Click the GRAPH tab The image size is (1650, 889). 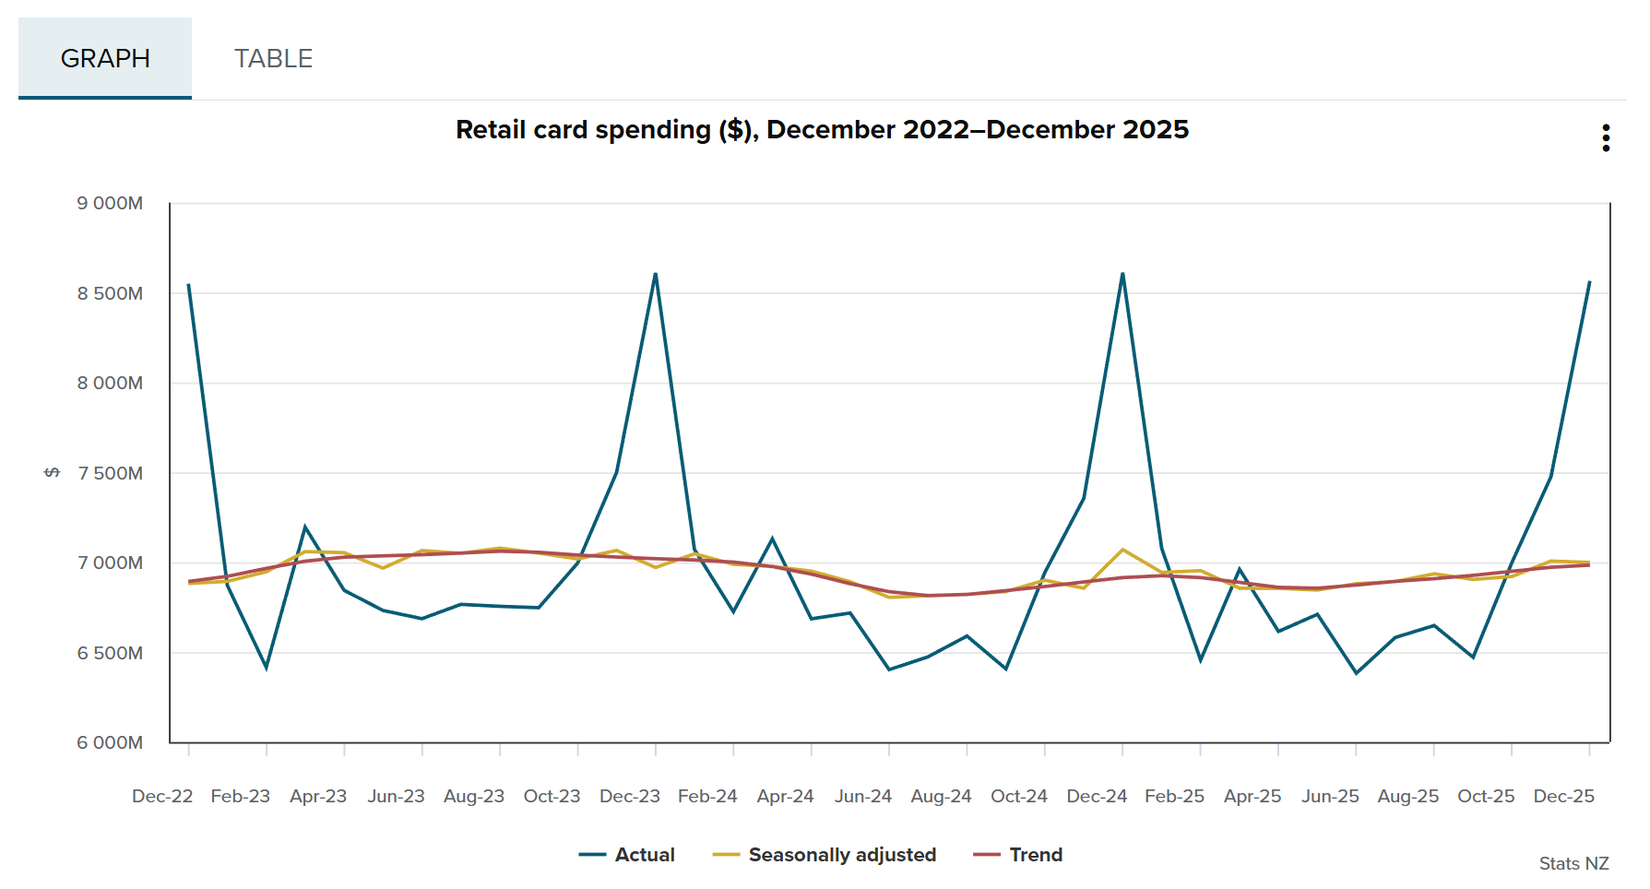click(105, 58)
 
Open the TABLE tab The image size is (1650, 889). click(273, 58)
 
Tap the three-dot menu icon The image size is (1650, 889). click(1606, 138)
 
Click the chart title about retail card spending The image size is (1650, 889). click(822, 130)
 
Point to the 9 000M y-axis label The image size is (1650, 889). click(110, 203)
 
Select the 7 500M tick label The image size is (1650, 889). click(110, 473)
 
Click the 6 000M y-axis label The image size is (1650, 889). click(110, 742)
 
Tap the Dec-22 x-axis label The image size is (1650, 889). click(162, 796)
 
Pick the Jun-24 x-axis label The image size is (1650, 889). click(862, 796)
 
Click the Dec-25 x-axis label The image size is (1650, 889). click(1563, 796)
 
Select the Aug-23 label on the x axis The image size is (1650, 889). click(474, 796)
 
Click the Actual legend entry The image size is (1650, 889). click(627, 855)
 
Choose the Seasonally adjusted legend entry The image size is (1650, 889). click(825, 855)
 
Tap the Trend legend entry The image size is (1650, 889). click(1018, 855)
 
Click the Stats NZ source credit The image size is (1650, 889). click(1573, 863)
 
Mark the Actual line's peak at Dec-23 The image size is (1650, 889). click(656, 274)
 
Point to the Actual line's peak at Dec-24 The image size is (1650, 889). click(1122, 273)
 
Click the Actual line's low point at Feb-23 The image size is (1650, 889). click(267, 668)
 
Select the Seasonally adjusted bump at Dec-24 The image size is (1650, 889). click(1122, 550)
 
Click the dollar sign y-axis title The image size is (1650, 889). click(53, 472)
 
